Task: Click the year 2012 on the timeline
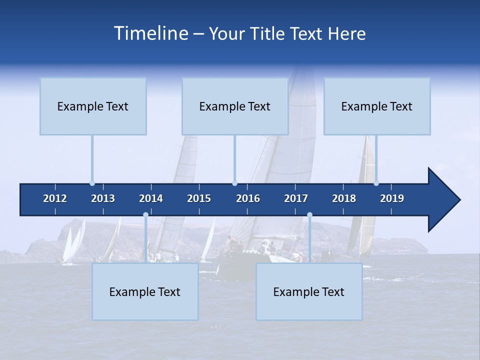pos(55,198)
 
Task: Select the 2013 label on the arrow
pos(103,198)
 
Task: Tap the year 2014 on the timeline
pos(151,198)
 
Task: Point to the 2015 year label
pos(199,198)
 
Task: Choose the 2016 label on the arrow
pos(248,198)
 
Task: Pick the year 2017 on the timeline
pos(296,198)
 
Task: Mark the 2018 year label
pos(344,198)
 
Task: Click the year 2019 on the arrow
pos(392,198)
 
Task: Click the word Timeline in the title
pos(150,33)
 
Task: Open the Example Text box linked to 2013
pos(93,106)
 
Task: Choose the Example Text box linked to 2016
pos(235,106)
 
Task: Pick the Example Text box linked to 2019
pos(377,106)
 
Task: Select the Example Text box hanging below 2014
pos(145,292)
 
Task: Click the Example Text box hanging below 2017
pos(309,292)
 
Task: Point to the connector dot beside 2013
pos(92,183)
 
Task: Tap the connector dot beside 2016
pos(234,183)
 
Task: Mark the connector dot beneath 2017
pos(309,215)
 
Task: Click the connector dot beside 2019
pos(376,183)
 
